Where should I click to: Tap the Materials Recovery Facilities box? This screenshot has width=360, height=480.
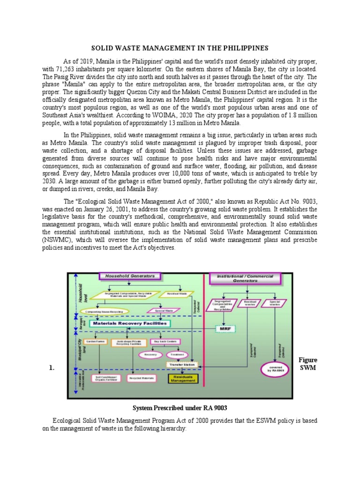click(124, 323)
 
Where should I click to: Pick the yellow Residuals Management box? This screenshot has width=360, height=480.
click(181, 378)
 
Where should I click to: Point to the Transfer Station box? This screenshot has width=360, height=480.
click(182, 364)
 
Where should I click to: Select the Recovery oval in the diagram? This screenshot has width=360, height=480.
click(150, 355)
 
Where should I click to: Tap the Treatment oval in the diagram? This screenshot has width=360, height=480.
click(177, 355)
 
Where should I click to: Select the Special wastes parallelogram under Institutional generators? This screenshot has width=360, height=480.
click(274, 304)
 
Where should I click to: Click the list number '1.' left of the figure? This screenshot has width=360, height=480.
click(52, 368)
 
